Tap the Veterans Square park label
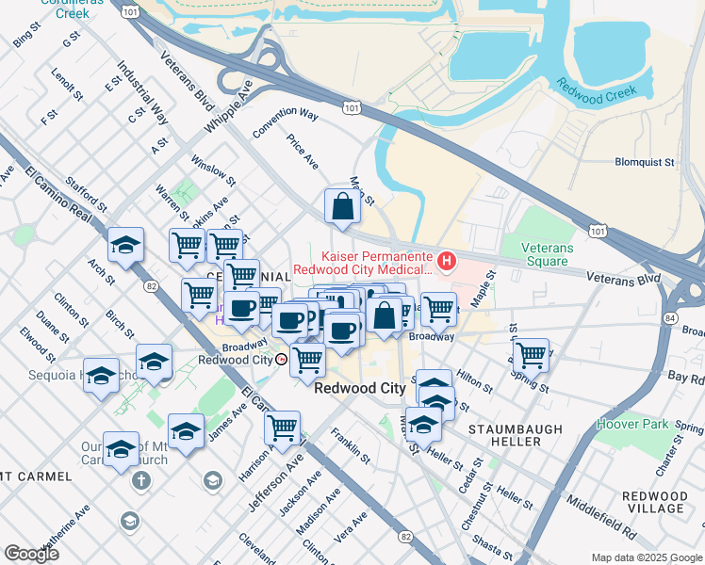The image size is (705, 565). pos(548,254)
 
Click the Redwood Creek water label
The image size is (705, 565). pos(597,91)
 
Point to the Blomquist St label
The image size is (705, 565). pos(645,162)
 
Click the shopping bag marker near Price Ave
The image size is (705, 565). pos(341,207)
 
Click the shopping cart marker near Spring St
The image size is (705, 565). pos(532,356)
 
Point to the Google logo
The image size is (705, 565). pos(31,554)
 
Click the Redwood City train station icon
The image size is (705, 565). pos(281,360)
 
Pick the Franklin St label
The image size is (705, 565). pos(350,445)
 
